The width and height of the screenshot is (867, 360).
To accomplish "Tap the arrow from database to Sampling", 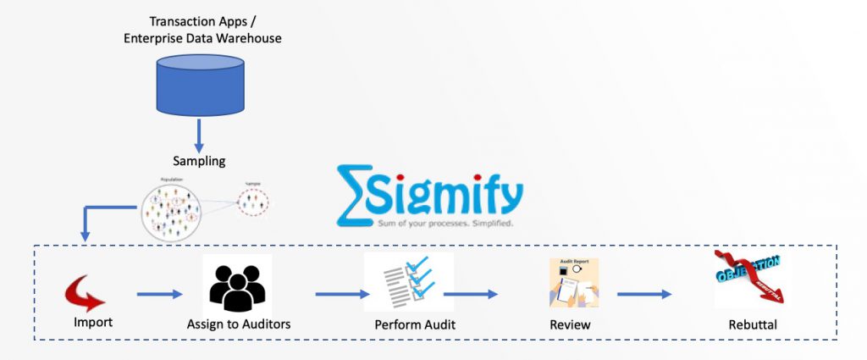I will [x=201, y=133].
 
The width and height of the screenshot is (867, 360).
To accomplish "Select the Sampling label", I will [x=201, y=160].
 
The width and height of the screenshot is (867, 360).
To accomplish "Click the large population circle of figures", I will [x=172, y=209].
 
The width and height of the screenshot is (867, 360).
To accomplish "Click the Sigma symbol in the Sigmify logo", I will [x=354, y=194].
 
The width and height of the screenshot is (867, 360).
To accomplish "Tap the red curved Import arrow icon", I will [x=85, y=294].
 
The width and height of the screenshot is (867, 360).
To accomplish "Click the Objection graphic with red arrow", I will [x=748, y=279].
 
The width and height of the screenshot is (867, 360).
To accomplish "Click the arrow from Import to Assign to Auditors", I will [x=159, y=294].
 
